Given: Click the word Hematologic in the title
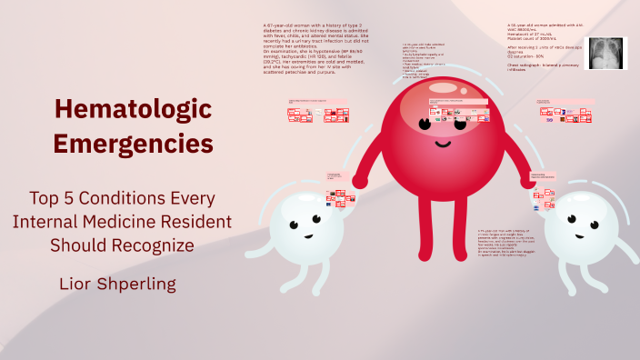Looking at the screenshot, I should [x=133, y=110].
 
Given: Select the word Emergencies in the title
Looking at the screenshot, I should [x=133, y=143].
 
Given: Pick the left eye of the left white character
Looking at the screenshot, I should [x=295, y=220].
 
